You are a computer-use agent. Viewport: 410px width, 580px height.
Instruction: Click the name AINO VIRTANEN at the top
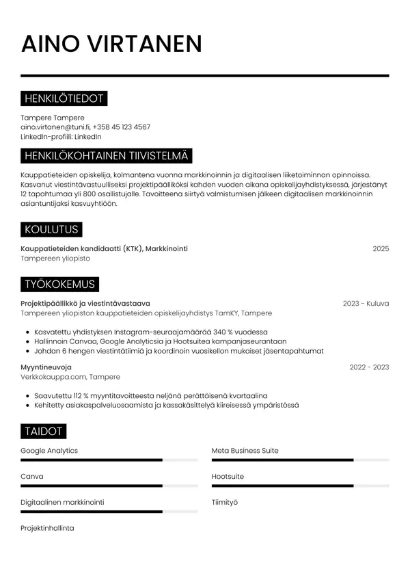coord(111,43)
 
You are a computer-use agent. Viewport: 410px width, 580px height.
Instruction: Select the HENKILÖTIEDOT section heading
coord(64,99)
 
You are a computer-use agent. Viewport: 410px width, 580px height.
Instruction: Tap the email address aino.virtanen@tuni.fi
coord(55,127)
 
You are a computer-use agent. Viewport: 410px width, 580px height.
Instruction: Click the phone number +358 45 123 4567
coord(122,127)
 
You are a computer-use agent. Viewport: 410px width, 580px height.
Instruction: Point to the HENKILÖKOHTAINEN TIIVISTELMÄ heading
coord(106,157)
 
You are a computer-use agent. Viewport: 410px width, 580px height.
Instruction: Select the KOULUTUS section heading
coord(51,229)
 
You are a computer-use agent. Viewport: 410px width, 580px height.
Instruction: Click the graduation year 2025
coord(381,249)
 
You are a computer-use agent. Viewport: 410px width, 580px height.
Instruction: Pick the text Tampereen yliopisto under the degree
coord(55,259)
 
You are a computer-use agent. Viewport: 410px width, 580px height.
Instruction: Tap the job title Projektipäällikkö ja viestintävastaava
coord(85,304)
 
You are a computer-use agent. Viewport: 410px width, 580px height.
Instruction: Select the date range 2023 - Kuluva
coord(366,304)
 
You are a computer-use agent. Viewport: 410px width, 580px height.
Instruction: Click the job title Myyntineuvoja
coord(46,367)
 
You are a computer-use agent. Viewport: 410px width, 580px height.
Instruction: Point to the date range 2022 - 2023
coord(369,367)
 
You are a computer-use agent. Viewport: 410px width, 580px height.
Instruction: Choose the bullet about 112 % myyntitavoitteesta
coord(150,395)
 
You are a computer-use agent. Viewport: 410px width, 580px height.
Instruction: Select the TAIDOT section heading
coord(43,431)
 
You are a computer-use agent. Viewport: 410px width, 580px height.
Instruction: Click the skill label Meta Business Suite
coord(245,451)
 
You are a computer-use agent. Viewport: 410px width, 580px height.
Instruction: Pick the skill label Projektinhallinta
coord(47,528)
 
